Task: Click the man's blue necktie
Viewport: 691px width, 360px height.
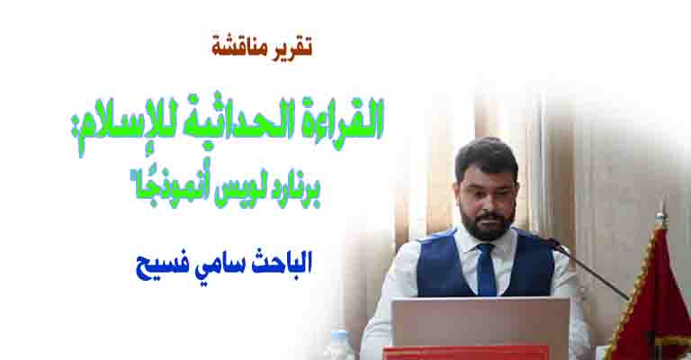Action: click(x=486, y=269)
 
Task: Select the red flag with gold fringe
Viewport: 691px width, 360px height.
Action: click(x=652, y=300)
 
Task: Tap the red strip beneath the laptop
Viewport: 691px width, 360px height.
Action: click(x=465, y=353)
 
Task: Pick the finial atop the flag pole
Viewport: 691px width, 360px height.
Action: click(x=660, y=216)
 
